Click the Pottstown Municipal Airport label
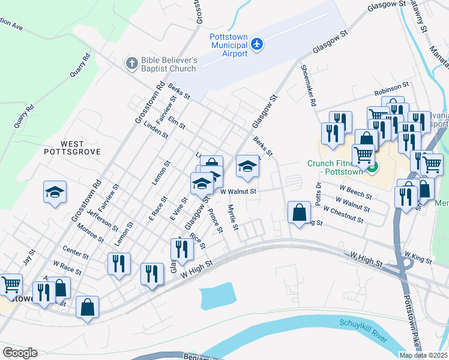tap(228, 45)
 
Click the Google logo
tap(20, 352)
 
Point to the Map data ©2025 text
tap(423, 355)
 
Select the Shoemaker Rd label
tap(307, 85)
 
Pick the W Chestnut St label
tap(343, 215)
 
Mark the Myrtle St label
tap(233, 217)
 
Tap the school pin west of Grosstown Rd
tap(55, 193)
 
